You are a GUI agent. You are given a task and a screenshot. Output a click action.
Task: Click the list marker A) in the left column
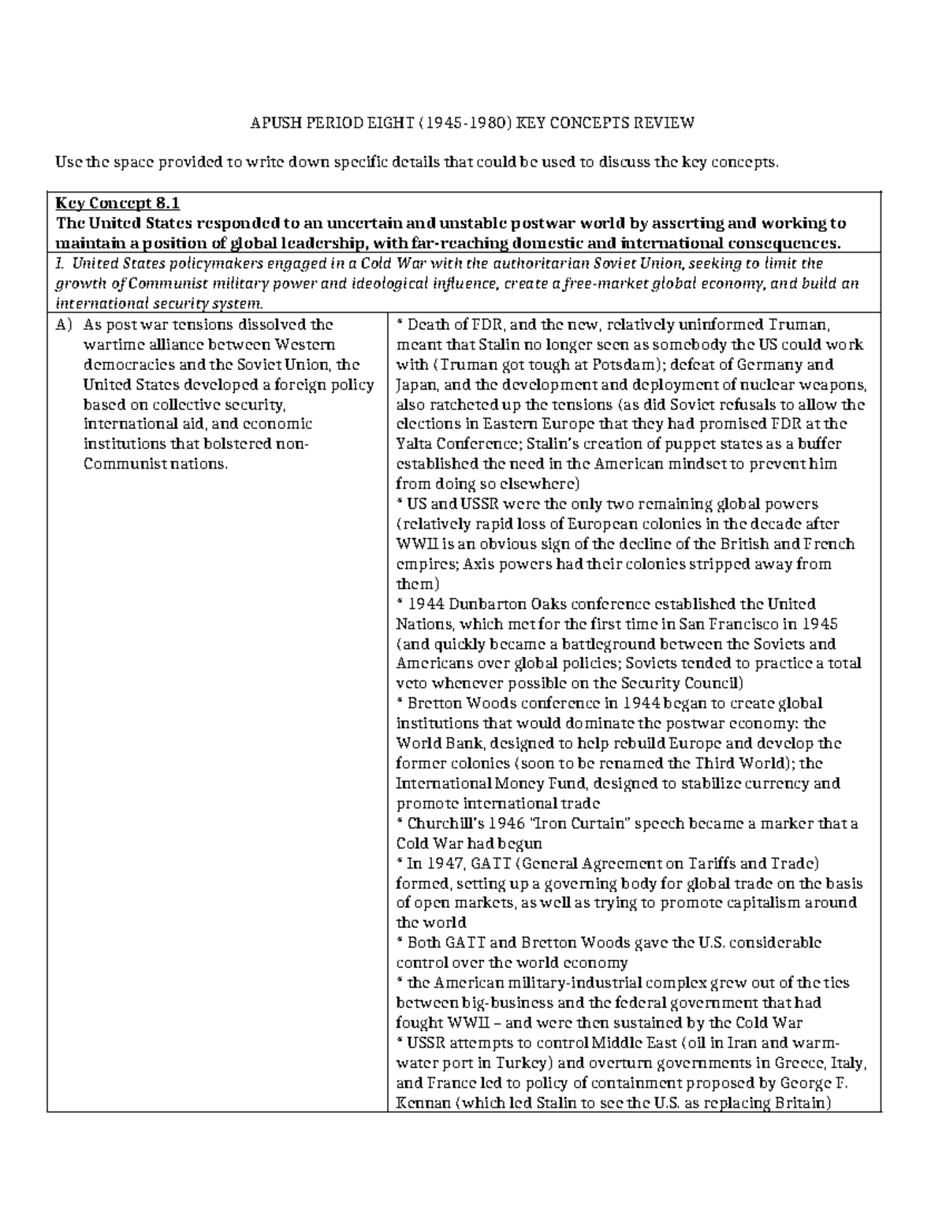(64, 324)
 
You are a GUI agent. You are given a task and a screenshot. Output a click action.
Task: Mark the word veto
(411, 683)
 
